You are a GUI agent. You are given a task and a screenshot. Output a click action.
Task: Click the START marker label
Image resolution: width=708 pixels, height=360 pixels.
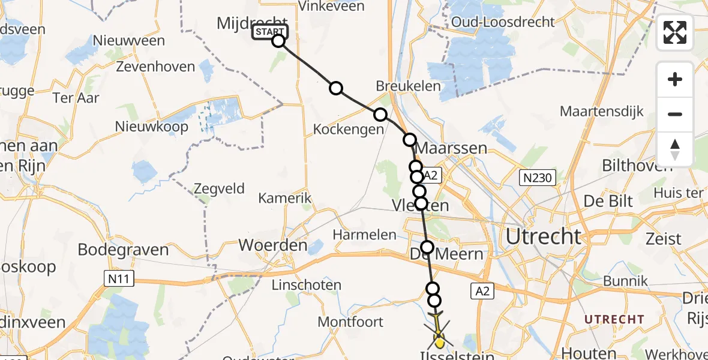click(x=269, y=32)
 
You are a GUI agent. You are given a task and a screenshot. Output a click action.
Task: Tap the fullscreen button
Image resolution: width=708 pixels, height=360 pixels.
click(x=675, y=32)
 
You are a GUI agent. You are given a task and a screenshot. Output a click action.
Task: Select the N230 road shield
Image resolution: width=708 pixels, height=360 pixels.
click(x=538, y=177)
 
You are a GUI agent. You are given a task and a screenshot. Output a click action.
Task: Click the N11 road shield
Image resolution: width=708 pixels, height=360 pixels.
click(x=118, y=278)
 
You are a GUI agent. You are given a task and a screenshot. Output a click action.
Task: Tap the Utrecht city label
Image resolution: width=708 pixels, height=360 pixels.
click(x=544, y=236)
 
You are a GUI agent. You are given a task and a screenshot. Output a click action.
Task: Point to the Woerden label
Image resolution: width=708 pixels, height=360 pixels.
click(x=273, y=245)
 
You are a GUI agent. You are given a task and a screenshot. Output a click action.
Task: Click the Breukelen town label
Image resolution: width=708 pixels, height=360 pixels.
click(x=408, y=86)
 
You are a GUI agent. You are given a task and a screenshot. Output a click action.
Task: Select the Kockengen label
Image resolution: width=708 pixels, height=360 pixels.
click(x=349, y=129)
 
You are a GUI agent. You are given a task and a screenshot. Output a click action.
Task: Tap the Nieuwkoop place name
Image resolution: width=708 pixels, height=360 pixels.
click(x=152, y=127)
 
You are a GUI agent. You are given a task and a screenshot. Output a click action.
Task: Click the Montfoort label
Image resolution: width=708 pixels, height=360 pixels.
click(x=350, y=322)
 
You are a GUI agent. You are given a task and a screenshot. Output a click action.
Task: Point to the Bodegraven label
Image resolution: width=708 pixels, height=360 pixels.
click(x=127, y=249)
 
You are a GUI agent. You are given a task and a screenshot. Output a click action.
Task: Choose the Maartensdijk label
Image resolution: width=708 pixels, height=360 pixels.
click(x=601, y=111)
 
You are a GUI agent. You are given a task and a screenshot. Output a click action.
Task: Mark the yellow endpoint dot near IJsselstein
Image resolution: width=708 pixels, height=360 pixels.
click(x=439, y=343)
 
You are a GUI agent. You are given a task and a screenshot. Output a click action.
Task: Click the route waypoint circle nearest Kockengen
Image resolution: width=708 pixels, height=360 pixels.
click(x=380, y=115)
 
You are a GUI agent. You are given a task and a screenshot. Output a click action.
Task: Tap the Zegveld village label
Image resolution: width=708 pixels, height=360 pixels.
click(x=219, y=189)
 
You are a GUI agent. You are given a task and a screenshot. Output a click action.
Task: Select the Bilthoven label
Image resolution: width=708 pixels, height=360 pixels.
click(x=637, y=166)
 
